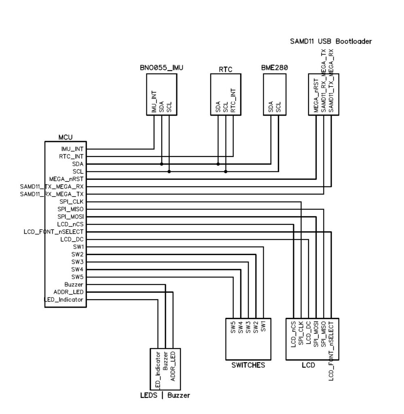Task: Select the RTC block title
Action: coord(225,70)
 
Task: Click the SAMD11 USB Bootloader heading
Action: coord(331,41)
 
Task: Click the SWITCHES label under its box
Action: coord(248,365)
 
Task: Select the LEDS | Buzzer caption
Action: coord(162,395)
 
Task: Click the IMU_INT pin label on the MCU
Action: coord(73,149)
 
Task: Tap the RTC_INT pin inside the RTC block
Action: coord(233,101)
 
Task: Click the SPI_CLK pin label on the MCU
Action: coord(71,201)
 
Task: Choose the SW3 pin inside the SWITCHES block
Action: coord(248,327)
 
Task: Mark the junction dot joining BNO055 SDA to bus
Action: coord(161,164)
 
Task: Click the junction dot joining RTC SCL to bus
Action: coord(226,171)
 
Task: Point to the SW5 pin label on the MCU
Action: coord(77,277)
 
